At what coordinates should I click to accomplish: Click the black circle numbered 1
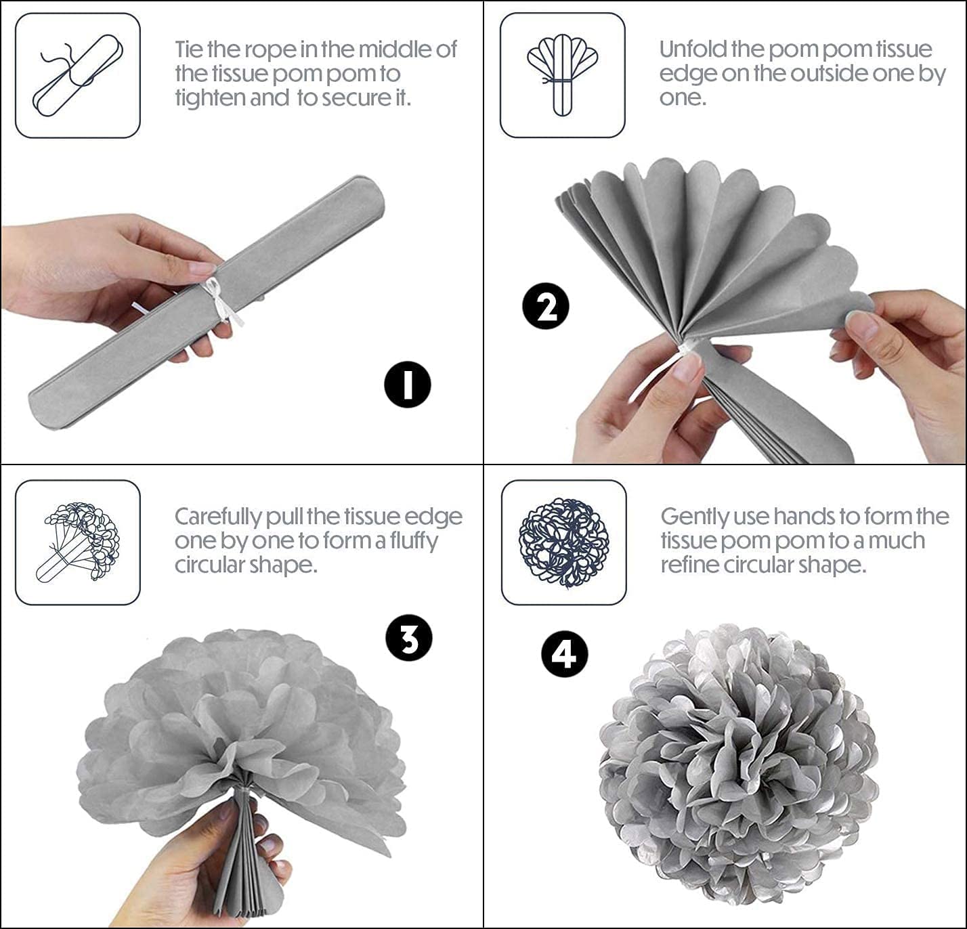tap(408, 385)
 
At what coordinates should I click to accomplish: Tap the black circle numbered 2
tap(546, 307)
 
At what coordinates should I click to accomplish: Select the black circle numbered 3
tap(409, 639)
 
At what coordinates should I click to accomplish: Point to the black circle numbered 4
tap(564, 654)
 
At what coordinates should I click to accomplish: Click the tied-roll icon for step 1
tap(78, 76)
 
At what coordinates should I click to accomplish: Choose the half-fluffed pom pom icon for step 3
tap(78, 542)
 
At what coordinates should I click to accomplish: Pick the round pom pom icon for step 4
tap(564, 542)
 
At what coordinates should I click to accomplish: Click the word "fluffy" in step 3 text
tap(414, 542)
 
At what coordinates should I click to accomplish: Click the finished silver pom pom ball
tap(737, 762)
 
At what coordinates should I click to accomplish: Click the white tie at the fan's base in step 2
tap(687, 347)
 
